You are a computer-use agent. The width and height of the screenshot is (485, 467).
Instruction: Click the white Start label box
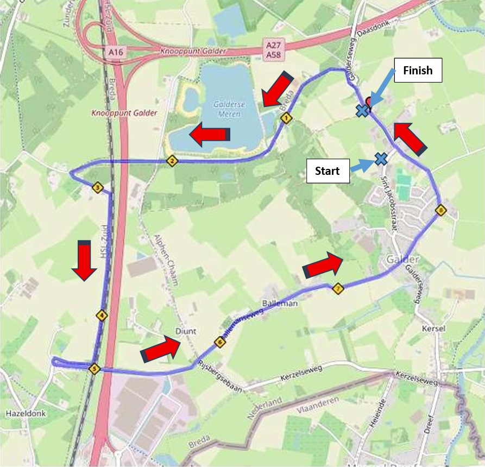click(327, 171)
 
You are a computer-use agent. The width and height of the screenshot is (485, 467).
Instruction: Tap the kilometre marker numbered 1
click(286, 118)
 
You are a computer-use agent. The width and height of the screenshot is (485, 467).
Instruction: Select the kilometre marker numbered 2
click(172, 161)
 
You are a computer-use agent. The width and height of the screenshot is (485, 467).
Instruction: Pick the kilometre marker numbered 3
click(98, 188)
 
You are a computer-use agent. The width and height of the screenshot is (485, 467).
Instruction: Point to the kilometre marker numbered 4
click(101, 315)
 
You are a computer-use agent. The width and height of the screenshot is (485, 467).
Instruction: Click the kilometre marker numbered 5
click(95, 369)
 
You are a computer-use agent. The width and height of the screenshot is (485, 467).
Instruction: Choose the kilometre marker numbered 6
click(219, 342)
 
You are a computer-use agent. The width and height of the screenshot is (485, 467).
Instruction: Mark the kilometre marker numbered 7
click(337, 289)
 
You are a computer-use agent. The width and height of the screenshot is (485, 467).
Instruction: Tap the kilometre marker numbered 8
click(440, 210)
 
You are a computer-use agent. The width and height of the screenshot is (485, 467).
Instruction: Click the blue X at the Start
click(381, 159)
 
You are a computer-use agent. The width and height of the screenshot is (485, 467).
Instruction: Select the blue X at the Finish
click(361, 110)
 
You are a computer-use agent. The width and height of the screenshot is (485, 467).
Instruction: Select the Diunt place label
click(185, 331)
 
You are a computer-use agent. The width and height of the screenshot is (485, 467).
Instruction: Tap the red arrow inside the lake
click(209, 134)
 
